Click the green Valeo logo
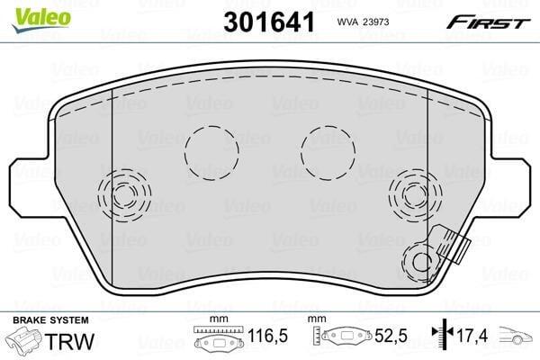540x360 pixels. tap(41, 19)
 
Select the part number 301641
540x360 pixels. tap(269, 22)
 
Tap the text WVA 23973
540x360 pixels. tap(363, 22)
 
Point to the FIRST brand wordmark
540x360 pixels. tap(488, 22)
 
